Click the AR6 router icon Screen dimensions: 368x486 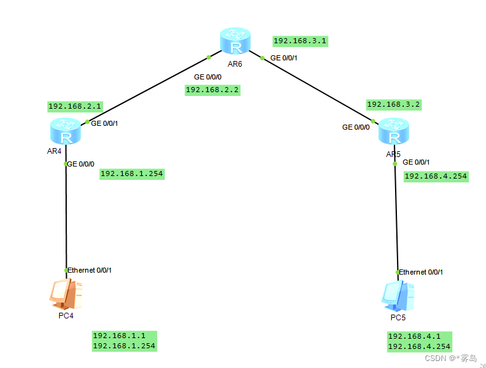click(236, 43)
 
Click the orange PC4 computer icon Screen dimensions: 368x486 click(66, 294)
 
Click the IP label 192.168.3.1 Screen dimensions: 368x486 click(300, 41)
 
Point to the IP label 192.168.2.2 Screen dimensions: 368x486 click(212, 90)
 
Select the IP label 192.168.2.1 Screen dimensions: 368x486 click(75, 106)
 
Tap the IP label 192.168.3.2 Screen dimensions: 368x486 click(394, 104)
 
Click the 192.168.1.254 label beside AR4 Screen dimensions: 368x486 click(132, 174)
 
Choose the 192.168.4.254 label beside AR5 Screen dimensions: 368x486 click(436, 176)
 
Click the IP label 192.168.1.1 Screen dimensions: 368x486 click(120, 335)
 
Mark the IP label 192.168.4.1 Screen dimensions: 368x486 click(414, 336)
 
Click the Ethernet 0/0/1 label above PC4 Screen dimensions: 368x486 click(90, 270)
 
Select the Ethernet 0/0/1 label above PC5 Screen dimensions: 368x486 click(421, 272)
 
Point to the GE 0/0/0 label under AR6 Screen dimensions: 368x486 click(208, 76)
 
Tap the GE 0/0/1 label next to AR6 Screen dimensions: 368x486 click(284, 58)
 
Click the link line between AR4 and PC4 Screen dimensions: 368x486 click(66, 216)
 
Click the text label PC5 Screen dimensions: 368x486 click(398, 317)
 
